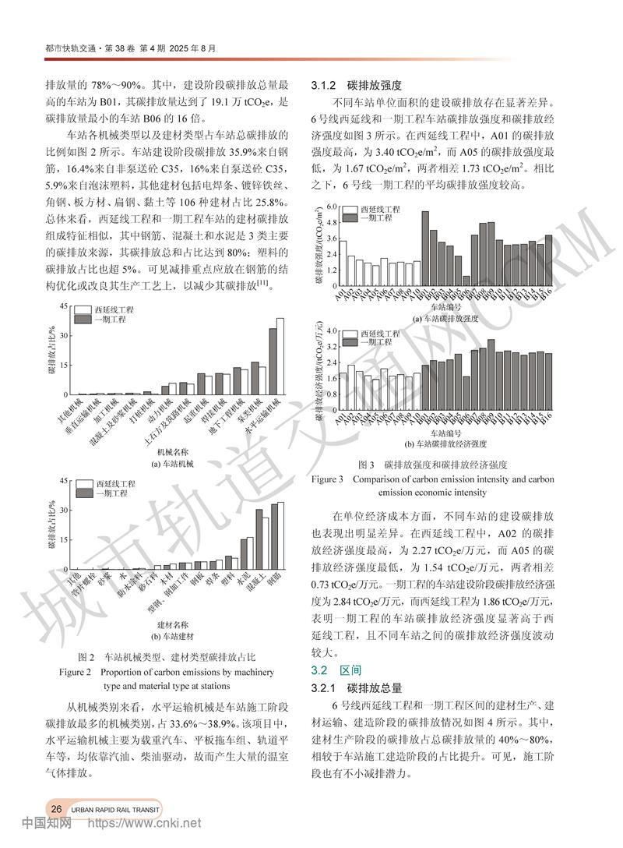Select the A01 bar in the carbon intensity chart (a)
click(x=343, y=263)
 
